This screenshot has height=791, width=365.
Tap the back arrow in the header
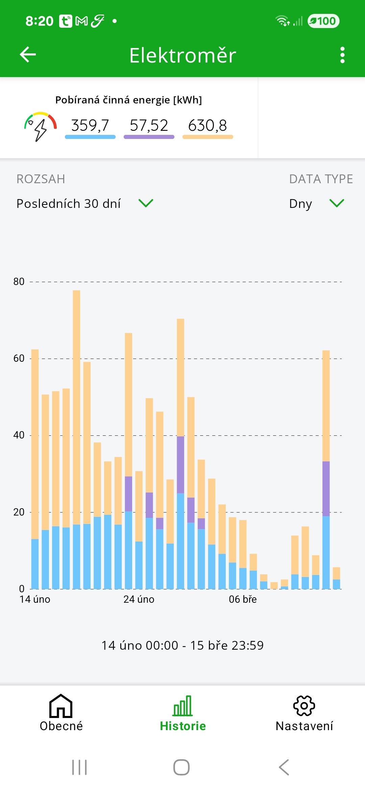28,55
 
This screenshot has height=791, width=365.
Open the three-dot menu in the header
342,55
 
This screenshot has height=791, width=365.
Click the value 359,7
90,126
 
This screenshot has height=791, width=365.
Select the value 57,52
149,126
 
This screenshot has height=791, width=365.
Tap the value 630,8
208,126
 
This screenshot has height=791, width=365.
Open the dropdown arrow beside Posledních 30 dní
146,203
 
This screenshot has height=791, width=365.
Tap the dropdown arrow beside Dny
337,203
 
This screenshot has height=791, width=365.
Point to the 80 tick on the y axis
19,282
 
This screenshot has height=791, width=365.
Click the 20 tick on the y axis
19,512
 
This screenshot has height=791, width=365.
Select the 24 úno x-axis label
139,599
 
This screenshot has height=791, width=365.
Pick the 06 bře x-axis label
243,599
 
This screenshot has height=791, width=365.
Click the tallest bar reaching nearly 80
77,439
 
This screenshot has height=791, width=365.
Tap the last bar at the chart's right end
336,578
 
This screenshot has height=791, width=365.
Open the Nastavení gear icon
304,706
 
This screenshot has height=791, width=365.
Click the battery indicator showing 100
323,21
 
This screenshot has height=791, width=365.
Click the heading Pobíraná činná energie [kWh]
128,100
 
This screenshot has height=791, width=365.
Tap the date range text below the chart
182,645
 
